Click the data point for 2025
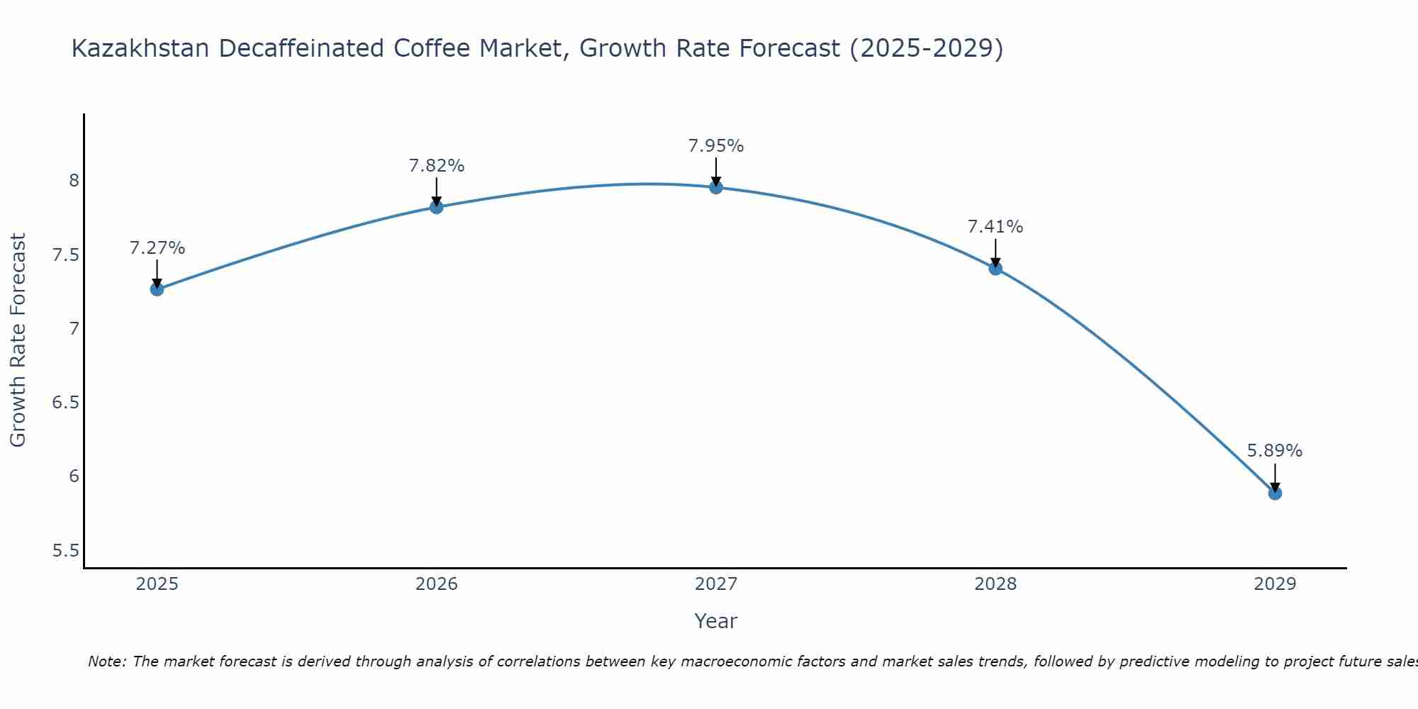pos(157,289)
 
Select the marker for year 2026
pos(437,207)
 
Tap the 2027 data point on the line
pos(716,187)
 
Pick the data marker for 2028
pos(995,268)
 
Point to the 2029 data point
pos(1275,493)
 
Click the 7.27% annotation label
pos(157,248)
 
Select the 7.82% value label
pos(437,166)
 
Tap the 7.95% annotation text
pos(716,146)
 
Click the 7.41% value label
pos(995,227)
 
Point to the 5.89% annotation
pos(1275,451)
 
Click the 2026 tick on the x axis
pos(437,584)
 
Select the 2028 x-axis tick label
pos(995,584)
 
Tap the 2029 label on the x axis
pos(1275,584)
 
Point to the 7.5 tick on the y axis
pos(66,255)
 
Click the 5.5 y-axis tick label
pos(66,550)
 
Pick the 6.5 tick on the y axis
pos(66,403)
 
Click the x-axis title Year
pos(716,621)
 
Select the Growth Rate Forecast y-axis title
pos(18,340)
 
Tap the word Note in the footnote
pos(106,661)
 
